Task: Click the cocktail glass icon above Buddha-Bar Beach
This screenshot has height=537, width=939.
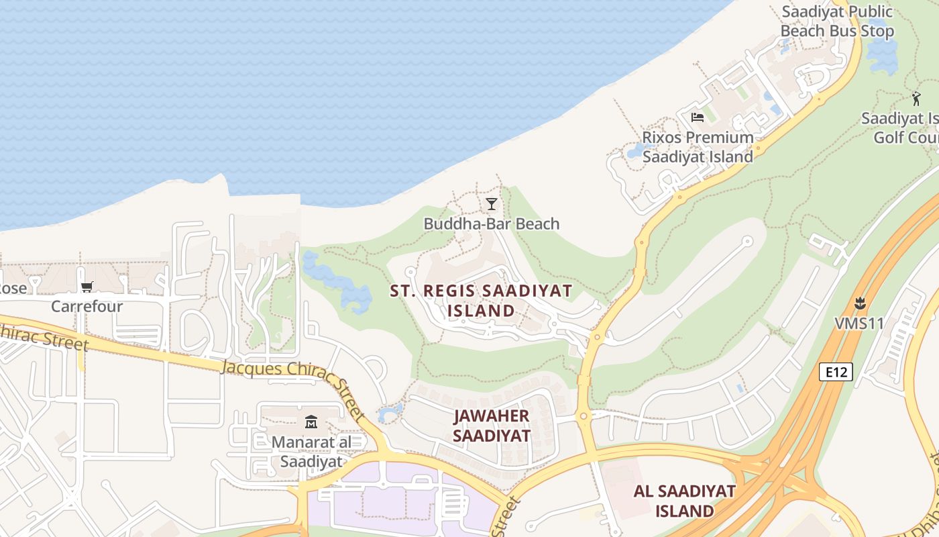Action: click(492, 203)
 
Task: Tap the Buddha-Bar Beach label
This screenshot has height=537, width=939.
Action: click(491, 224)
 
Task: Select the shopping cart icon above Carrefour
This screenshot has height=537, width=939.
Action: click(87, 287)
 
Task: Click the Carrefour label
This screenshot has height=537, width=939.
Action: click(87, 307)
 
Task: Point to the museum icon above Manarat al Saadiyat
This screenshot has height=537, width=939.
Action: click(311, 422)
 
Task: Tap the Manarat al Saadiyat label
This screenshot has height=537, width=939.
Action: click(311, 452)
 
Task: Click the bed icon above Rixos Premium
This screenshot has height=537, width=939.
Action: click(698, 117)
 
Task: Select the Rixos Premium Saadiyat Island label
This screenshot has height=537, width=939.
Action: click(698, 147)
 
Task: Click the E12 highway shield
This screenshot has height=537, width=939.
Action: click(836, 372)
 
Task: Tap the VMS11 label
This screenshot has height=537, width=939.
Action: click(859, 324)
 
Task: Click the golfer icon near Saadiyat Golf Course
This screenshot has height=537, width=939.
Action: click(916, 99)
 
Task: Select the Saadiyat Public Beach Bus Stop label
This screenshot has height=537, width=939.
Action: click(837, 21)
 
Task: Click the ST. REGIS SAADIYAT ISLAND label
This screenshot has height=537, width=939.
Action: click(481, 301)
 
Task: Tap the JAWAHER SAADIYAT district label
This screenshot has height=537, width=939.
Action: click(492, 426)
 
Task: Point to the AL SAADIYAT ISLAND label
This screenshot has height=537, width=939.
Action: click(684, 501)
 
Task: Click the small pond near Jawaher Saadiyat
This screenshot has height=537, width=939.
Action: click(390, 412)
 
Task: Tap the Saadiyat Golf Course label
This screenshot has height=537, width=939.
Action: click(902, 128)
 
